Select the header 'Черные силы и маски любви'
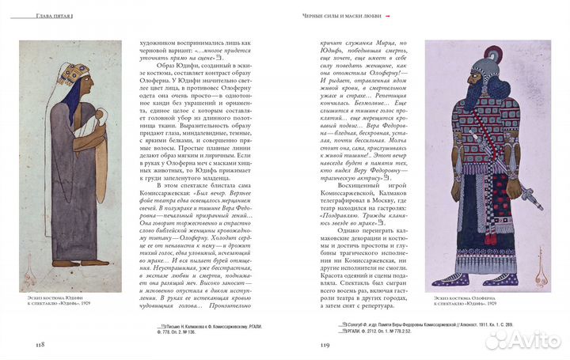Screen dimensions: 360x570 click(348, 17)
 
